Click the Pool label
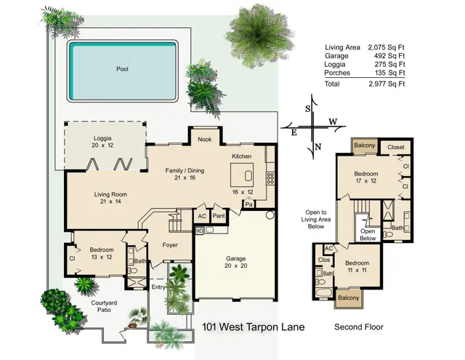[x=122, y=69]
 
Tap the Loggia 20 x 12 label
[x=102, y=142]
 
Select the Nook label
[x=205, y=139]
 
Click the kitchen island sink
[x=248, y=176]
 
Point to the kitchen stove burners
[x=270, y=177]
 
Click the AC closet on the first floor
[x=202, y=216]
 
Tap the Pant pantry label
[x=219, y=216]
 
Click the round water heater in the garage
[x=270, y=215]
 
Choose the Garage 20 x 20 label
[x=235, y=262]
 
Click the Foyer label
[x=170, y=245]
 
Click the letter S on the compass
[x=308, y=109]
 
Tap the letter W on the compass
[x=333, y=121]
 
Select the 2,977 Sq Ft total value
[x=387, y=84]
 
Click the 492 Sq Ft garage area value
[x=389, y=56]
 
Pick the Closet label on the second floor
[x=396, y=147]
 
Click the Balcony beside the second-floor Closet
[x=365, y=145]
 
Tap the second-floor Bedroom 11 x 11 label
[x=357, y=266]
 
